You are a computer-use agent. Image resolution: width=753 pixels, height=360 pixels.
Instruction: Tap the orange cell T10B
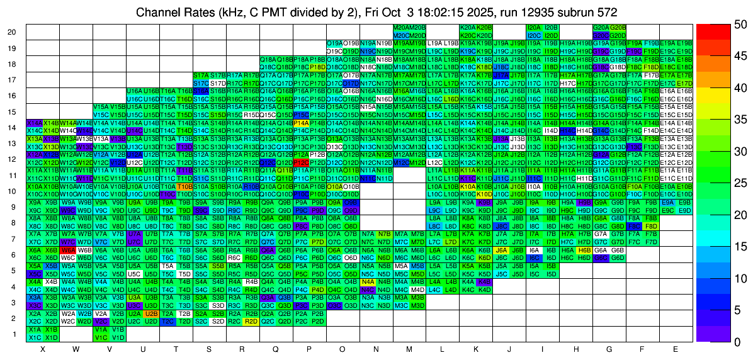pos(184,186)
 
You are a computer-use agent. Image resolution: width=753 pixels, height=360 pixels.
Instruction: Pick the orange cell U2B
pos(151,313)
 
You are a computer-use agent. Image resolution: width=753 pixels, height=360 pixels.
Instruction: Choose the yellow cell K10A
pos(468,186)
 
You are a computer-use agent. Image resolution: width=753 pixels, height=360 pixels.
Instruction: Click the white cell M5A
pos(402,266)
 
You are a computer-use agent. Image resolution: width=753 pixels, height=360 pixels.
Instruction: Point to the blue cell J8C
pos(501,226)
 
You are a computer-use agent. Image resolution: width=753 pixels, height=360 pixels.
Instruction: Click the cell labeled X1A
pos(35,329)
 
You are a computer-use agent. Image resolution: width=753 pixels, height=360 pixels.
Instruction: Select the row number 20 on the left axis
pos(12,32)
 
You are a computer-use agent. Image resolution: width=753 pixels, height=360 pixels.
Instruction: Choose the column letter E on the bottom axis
pos(676,349)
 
